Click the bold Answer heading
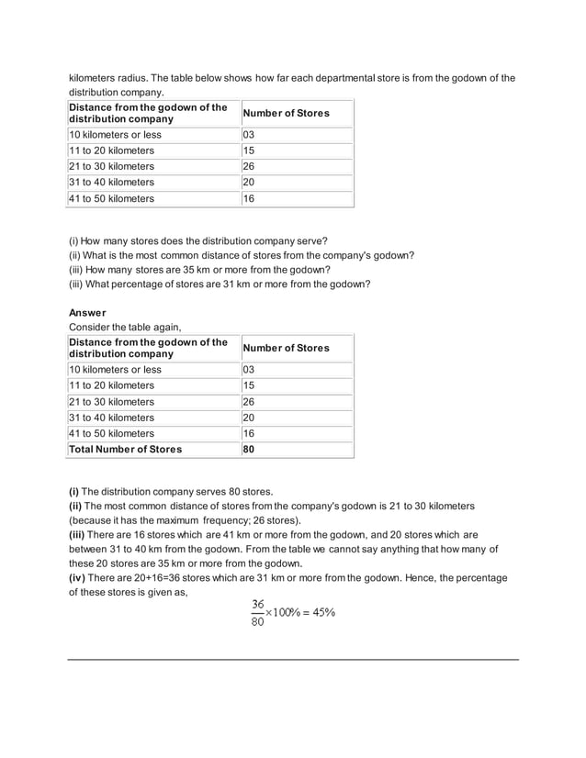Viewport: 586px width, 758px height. [x=88, y=313]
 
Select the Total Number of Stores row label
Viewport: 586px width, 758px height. [x=126, y=449]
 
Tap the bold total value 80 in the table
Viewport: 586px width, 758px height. [x=249, y=449]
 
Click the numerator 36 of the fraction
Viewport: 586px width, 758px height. [x=257, y=605]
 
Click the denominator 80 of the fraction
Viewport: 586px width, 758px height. [x=257, y=622]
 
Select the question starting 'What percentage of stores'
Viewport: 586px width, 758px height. [x=220, y=284]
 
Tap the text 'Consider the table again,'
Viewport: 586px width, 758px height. [x=125, y=328]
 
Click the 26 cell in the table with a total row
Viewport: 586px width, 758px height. [x=249, y=402]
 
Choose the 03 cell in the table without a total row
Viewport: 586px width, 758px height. [x=249, y=135]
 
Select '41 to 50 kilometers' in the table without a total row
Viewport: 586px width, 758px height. [x=112, y=198]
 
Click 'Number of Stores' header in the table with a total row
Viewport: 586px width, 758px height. [x=286, y=348]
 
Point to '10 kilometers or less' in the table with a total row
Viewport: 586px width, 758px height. [x=116, y=370]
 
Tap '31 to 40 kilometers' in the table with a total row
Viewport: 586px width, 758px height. [x=112, y=418]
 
